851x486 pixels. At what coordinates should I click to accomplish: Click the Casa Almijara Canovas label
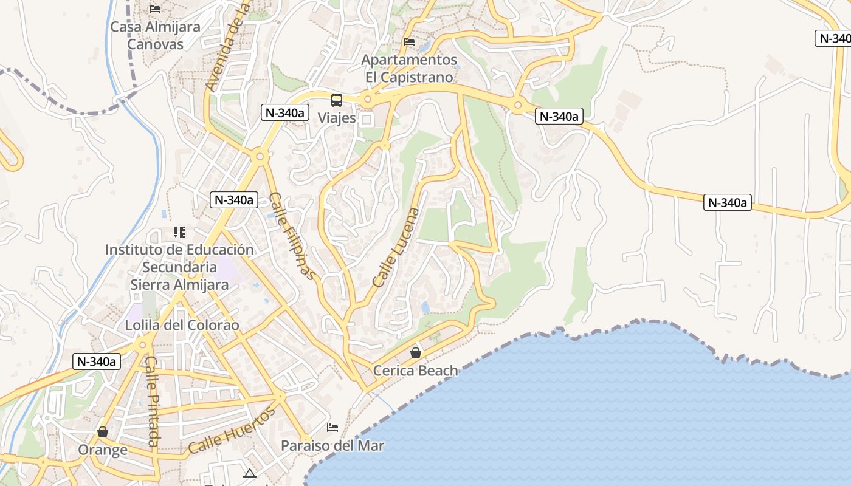155,36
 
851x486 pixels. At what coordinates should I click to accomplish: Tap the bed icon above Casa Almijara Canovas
155,9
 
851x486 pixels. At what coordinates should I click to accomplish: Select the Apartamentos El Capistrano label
409,69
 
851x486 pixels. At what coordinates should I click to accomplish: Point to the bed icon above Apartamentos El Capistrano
409,42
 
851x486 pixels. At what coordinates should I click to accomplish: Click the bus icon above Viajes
337,100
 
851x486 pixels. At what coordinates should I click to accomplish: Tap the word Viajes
337,118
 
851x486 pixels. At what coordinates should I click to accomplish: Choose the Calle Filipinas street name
293,236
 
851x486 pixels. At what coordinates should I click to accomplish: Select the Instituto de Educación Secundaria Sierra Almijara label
179,267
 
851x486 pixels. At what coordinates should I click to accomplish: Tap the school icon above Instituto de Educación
179,231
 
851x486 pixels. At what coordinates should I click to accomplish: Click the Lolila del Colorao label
182,325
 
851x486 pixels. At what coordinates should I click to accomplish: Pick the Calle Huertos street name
232,431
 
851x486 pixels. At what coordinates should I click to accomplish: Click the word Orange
103,450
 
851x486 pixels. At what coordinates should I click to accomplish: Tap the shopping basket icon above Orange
103,432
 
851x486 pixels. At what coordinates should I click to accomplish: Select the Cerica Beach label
415,370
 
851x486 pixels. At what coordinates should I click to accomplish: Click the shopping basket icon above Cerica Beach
416,352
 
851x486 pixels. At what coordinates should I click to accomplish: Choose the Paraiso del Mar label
332,445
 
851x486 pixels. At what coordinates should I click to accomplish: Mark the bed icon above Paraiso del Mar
332,428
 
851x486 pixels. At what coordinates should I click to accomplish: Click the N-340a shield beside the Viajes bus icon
286,112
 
